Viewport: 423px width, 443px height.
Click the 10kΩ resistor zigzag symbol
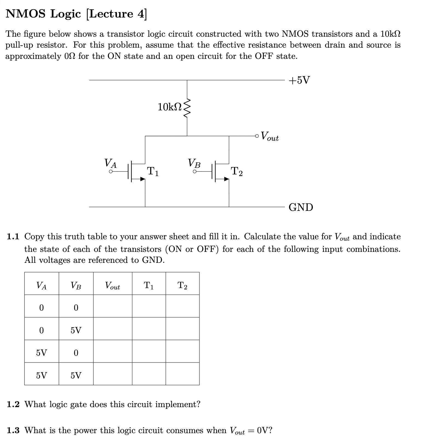(187, 108)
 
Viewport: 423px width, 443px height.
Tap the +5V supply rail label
(299, 80)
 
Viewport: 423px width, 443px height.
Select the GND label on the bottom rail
(301, 207)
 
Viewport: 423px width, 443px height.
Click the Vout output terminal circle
(257, 136)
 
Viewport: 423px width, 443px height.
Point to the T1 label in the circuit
(153, 171)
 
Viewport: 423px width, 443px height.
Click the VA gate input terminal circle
(111, 172)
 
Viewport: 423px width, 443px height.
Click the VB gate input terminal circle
(195, 172)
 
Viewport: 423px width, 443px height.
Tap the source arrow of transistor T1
(142, 179)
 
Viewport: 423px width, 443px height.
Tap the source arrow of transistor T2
(226, 179)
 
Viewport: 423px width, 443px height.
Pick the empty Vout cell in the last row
(113, 374)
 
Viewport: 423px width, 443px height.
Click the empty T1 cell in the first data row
(149, 306)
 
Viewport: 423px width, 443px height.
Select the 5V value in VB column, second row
(76, 330)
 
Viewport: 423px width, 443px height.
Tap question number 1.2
(13, 404)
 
